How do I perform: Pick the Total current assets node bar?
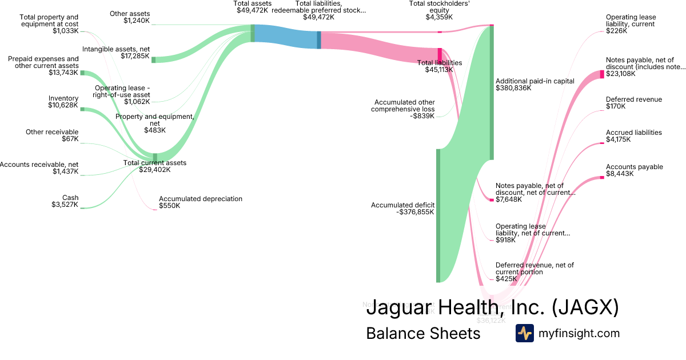tap(155, 157)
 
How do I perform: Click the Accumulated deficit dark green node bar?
tap(438, 215)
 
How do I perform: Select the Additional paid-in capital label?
tap(535, 85)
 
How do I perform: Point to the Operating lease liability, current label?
tap(631, 24)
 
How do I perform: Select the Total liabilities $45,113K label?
tap(439, 66)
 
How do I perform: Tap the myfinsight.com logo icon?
tap(524, 333)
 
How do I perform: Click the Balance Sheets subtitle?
tap(423, 333)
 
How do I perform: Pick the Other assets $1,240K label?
tap(130, 17)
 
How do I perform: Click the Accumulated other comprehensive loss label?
tap(402, 109)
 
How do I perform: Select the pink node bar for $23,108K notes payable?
tap(601, 74)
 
